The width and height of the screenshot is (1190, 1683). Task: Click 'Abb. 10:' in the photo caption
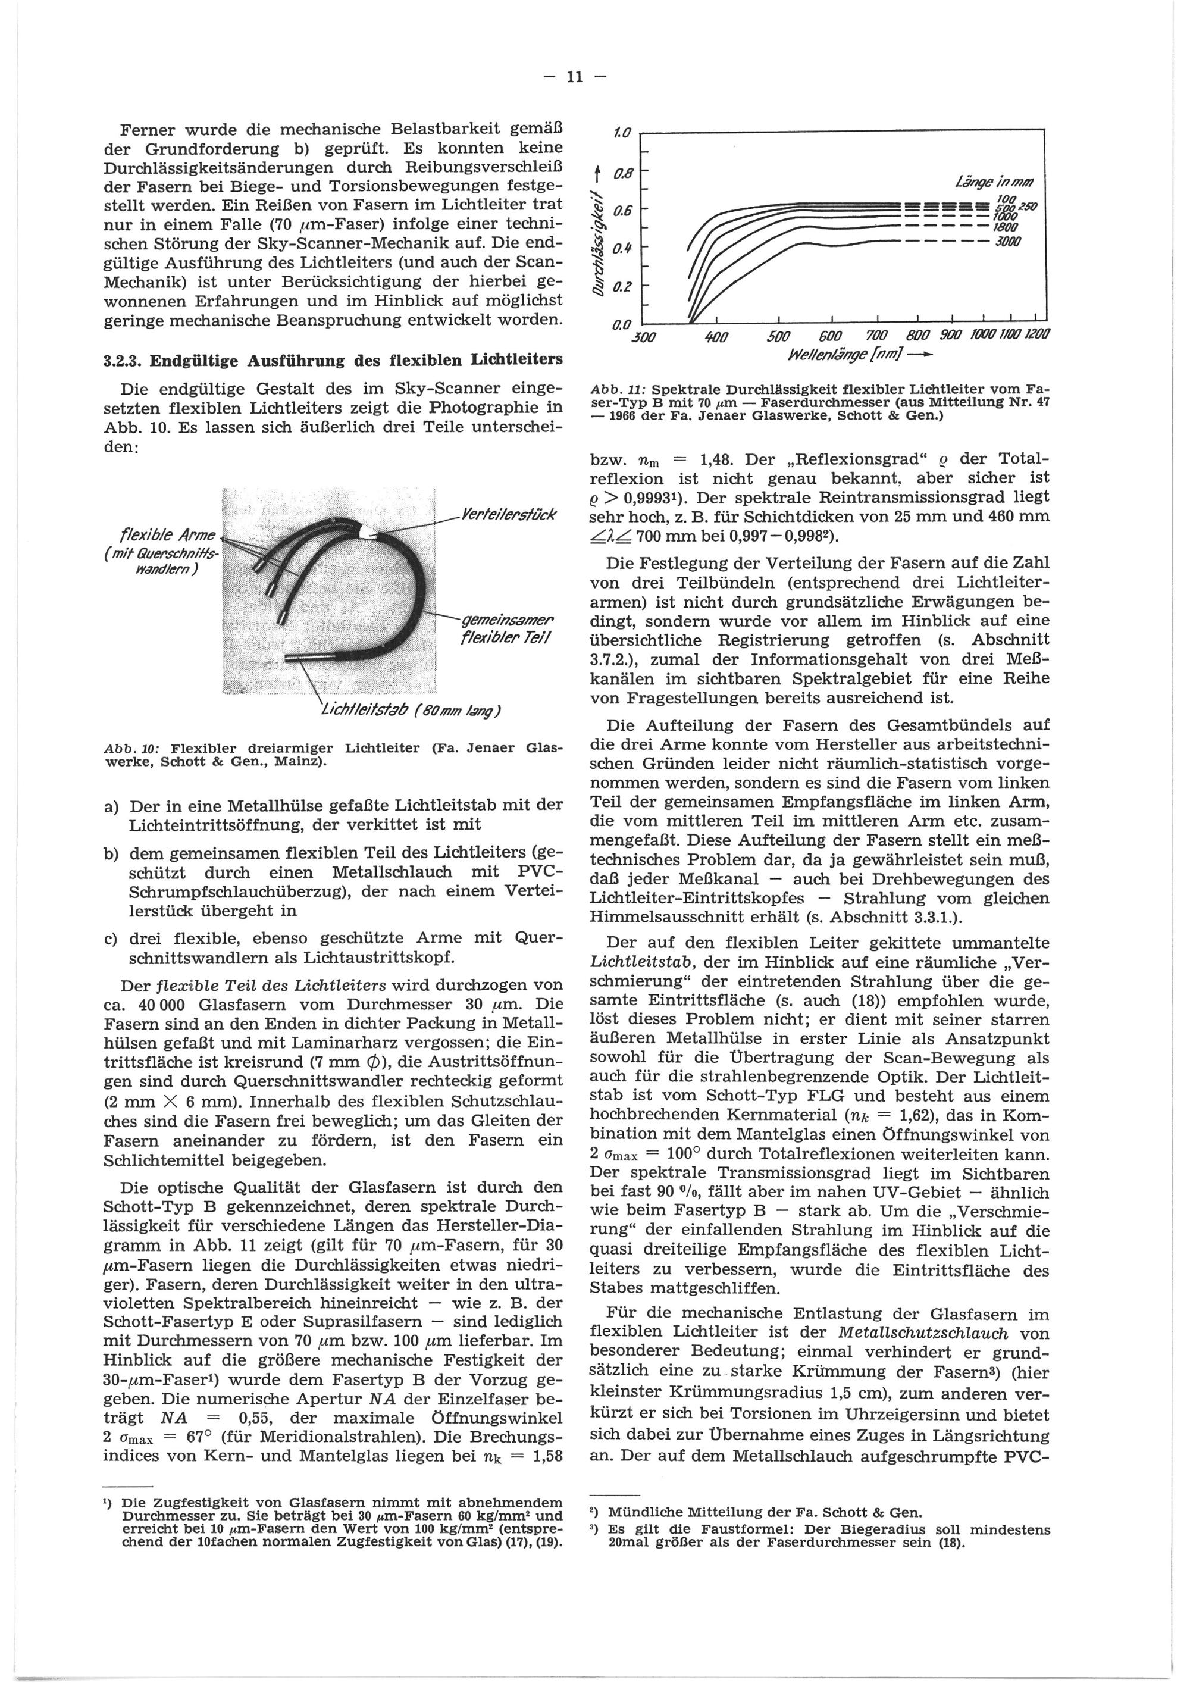click(x=130, y=749)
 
